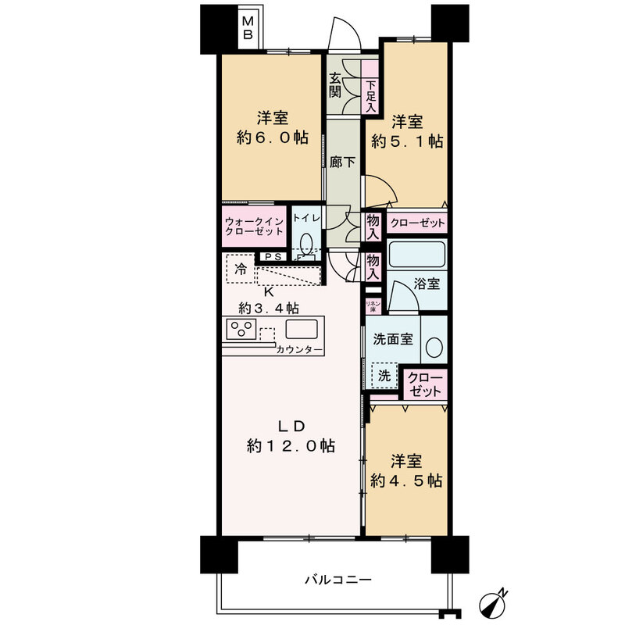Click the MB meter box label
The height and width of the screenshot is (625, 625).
click(248, 27)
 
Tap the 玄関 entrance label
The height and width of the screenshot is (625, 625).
click(335, 85)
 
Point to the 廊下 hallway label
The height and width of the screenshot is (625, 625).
click(342, 162)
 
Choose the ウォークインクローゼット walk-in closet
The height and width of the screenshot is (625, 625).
click(254, 226)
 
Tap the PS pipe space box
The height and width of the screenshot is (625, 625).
click(273, 257)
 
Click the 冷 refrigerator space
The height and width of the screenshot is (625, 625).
click(241, 268)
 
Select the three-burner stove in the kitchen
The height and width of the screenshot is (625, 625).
click(241, 329)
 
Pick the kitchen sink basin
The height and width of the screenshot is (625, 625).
click(302, 330)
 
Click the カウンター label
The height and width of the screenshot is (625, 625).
click(299, 350)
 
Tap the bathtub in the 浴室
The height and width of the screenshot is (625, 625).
click(416, 255)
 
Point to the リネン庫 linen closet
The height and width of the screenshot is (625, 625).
click(373, 305)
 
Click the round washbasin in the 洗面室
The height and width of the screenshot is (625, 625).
click(434, 347)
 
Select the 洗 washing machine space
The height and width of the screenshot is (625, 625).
click(384, 375)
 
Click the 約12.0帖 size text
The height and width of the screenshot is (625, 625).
click(291, 445)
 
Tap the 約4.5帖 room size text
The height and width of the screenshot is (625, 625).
click(406, 481)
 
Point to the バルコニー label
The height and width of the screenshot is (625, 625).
click(338, 579)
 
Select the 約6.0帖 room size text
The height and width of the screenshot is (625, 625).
click(273, 138)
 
